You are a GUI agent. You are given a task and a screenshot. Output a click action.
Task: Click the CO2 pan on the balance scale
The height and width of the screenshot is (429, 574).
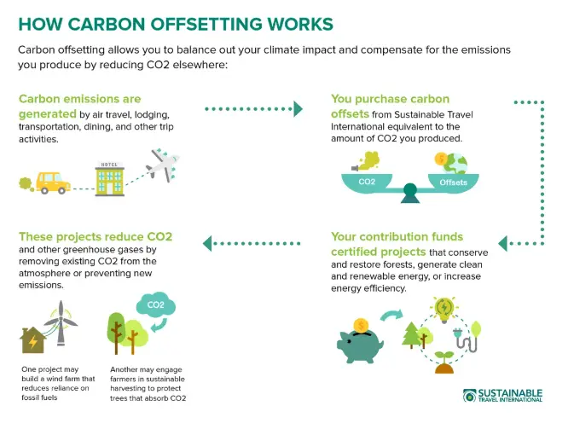click(366, 182)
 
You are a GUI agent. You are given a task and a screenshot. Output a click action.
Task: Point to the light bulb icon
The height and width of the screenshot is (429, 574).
click(443, 308)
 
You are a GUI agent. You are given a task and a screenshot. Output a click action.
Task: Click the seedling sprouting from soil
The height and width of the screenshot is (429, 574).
click(444, 362)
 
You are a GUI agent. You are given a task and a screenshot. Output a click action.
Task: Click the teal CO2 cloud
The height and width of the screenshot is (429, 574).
click(155, 305)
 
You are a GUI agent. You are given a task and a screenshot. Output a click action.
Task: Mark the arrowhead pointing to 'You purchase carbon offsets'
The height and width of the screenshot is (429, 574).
click(298, 108)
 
